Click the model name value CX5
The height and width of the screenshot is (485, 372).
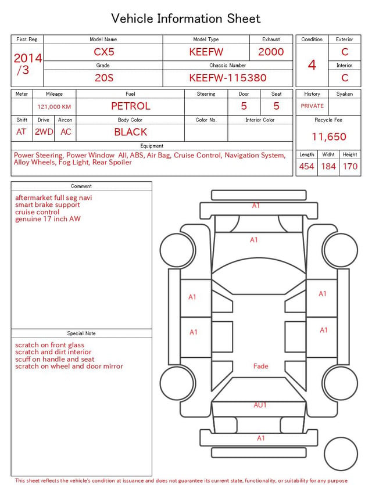click(104, 52)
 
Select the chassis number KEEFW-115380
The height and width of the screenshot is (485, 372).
click(228, 78)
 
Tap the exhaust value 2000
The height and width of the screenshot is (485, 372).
click(271, 52)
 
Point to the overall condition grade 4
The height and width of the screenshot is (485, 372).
click(312, 65)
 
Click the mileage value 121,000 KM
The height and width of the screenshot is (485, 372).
click(54, 107)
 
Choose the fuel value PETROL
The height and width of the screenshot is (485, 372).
click(131, 106)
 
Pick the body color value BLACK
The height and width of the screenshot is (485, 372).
click(131, 132)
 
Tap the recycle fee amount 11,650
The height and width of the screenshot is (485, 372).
click(328, 136)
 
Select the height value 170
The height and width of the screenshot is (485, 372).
click(350, 166)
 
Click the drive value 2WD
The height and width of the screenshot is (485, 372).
click(44, 132)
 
